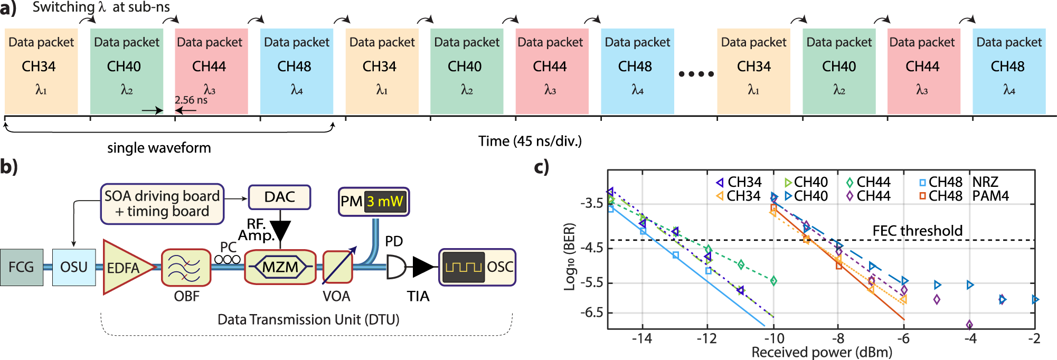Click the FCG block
21,267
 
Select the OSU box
74,267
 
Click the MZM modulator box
280,267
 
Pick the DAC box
279,197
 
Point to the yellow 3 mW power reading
385,202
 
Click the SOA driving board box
162,204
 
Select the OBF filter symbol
186,268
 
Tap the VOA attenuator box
337,268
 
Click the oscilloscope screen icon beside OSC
463,267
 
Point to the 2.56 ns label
191,100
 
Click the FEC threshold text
917,231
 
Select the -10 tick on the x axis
773,338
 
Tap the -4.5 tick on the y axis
591,248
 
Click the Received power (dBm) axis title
822,352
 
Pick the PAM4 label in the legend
990,196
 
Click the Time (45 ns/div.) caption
530,141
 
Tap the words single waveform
159,148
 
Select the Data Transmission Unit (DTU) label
308,319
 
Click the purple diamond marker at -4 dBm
969,325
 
